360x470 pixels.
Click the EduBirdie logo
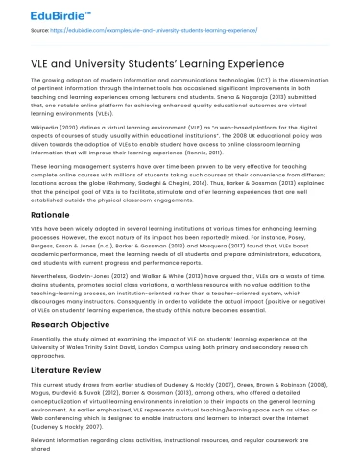37,15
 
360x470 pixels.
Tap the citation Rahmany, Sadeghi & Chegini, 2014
154,185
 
